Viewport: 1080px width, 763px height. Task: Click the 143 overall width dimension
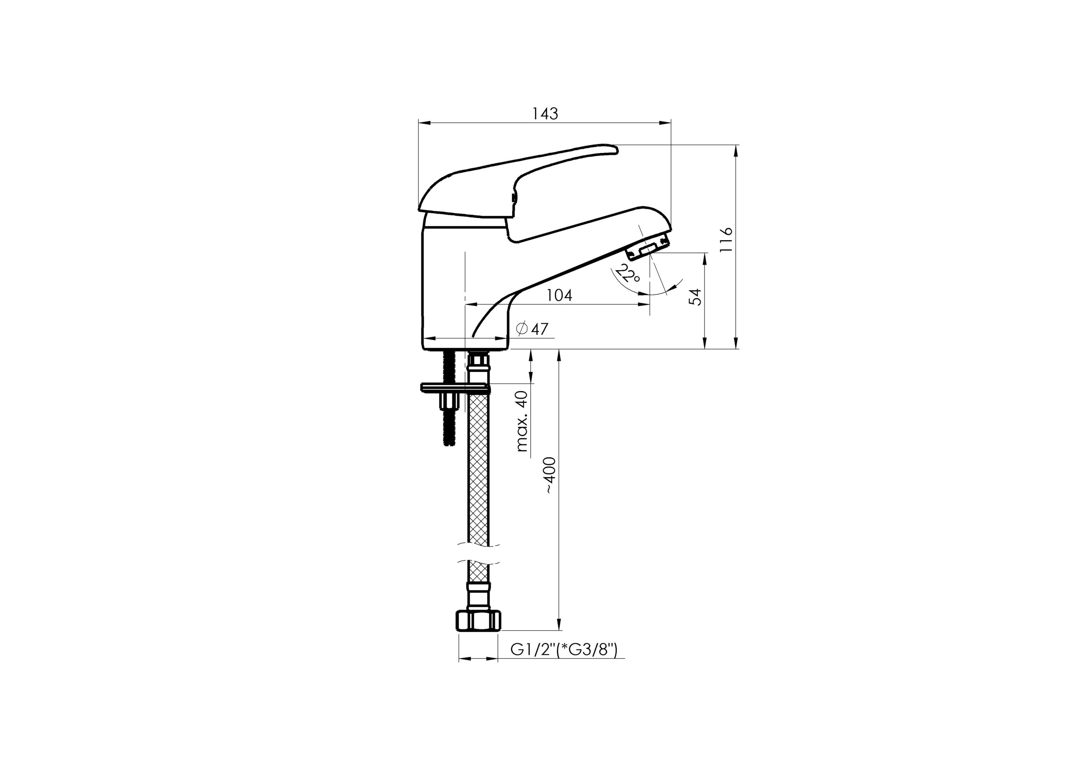(x=545, y=114)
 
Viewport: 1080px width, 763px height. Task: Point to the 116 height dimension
(x=726, y=240)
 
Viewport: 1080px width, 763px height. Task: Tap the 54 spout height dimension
(x=695, y=297)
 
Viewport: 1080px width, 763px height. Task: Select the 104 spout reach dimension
(x=559, y=295)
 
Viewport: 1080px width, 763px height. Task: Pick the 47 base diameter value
(x=540, y=329)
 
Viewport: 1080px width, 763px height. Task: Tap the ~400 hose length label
(x=551, y=475)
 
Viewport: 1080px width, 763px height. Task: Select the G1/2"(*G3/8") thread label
(x=564, y=650)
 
